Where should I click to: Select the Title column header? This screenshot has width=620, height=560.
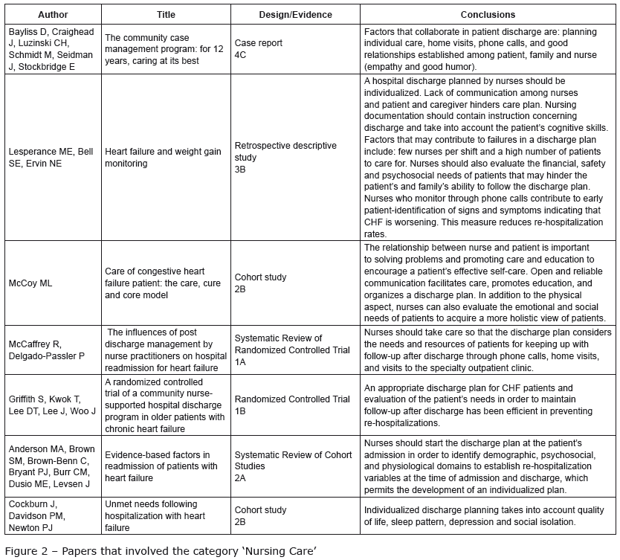point(166,14)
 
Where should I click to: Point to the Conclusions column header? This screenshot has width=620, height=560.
point(487,14)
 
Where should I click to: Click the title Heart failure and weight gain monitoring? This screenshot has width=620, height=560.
point(163,157)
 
